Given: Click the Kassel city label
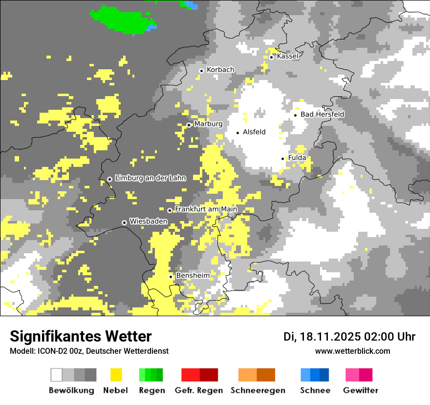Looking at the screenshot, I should (287, 56).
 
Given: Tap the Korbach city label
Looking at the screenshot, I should (220, 70).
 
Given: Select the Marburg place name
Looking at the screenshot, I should (208, 124).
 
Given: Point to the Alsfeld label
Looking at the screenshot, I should (254, 132).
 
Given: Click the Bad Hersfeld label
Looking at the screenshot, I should (322, 114).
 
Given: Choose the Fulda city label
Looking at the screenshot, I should (297, 158).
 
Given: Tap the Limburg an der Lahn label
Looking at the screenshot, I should (150, 178).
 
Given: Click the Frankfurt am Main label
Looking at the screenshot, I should (206, 209).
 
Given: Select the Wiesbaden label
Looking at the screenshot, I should (149, 222).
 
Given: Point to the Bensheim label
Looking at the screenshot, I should (193, 276).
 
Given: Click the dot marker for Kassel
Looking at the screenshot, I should (271, 57).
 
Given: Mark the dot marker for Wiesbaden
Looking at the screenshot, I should (125, 223).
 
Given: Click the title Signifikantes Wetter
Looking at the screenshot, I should (81, 337).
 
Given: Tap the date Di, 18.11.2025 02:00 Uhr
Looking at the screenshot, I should (349, 337).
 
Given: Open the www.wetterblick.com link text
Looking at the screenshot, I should (353, 351).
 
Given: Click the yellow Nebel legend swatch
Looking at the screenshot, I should (116, 375).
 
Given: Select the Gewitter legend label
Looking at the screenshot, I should (360, 390).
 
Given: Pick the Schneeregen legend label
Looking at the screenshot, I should (258, 390).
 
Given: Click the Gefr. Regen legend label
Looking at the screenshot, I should (199, 390).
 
